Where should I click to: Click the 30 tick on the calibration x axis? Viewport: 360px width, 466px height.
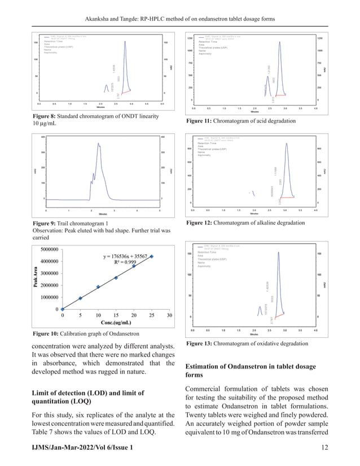point(169,315)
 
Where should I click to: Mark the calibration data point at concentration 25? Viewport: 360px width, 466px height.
point(151,256)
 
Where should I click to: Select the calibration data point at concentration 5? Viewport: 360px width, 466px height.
point(80,298)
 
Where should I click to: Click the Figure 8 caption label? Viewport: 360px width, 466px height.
point(49,116)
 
